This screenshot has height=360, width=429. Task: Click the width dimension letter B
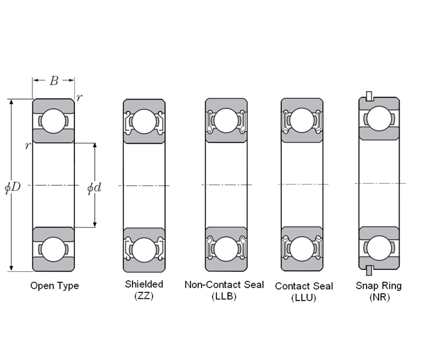tap(53, 81)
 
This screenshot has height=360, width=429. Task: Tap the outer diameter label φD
tap(13, 187)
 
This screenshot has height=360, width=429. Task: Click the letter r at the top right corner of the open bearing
tap(79, 98)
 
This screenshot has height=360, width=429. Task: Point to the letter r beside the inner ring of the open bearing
tap(27, 146)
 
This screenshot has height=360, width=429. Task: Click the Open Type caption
tap(55, 286)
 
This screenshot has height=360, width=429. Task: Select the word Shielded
tap(144, 284)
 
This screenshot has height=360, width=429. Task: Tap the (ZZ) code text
tap(144, 296)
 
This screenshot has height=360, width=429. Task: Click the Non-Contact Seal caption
tap(224, 284)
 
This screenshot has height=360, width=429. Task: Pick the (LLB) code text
tap(224, 296)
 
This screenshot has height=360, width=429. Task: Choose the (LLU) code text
tap(304, 298)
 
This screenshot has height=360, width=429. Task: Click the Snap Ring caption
tap(379, 286)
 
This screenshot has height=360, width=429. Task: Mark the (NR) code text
tap(379, 298)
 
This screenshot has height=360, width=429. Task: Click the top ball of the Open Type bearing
tap(53, 121)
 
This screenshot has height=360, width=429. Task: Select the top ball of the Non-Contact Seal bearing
tap(226, 121)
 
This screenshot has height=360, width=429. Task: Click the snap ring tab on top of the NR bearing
tap(370, 96)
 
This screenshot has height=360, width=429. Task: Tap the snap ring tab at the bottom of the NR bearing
tap(370, 268)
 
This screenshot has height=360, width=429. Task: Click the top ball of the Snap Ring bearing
tap(379, 118)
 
